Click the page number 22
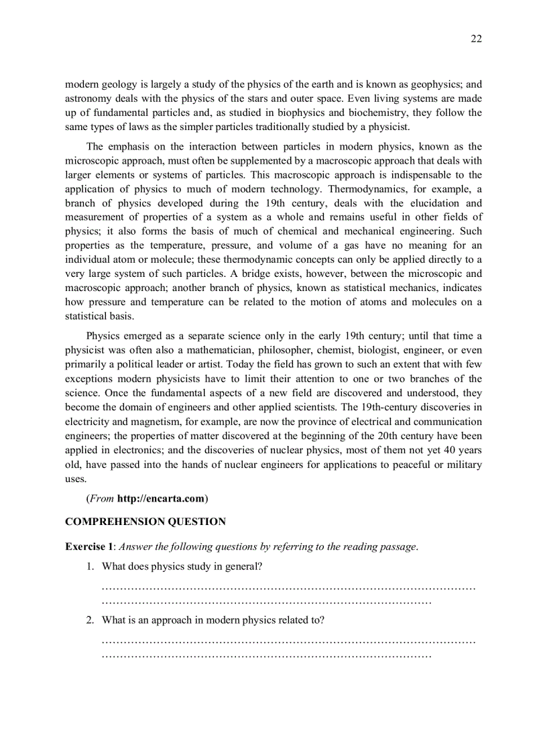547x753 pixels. [475, 39]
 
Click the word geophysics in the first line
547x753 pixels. [428, 84]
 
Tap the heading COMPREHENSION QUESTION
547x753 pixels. [145, 522]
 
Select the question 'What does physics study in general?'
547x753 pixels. [182, 567]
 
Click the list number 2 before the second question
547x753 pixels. [90, 620]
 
